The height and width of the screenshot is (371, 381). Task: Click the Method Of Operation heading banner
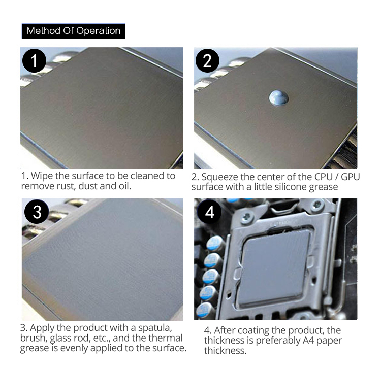[x=74, y=31]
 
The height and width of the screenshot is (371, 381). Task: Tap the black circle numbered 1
[x=34, y=61]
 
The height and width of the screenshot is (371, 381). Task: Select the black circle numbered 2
[x=207, y=61]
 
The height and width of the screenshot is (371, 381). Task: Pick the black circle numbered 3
[x=37, y=212]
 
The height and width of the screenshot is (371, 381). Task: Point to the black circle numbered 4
[x=209, y=212]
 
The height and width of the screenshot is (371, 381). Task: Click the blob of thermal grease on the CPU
[x=279, y=98]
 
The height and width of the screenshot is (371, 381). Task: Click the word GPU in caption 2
[x=350, y=177]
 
